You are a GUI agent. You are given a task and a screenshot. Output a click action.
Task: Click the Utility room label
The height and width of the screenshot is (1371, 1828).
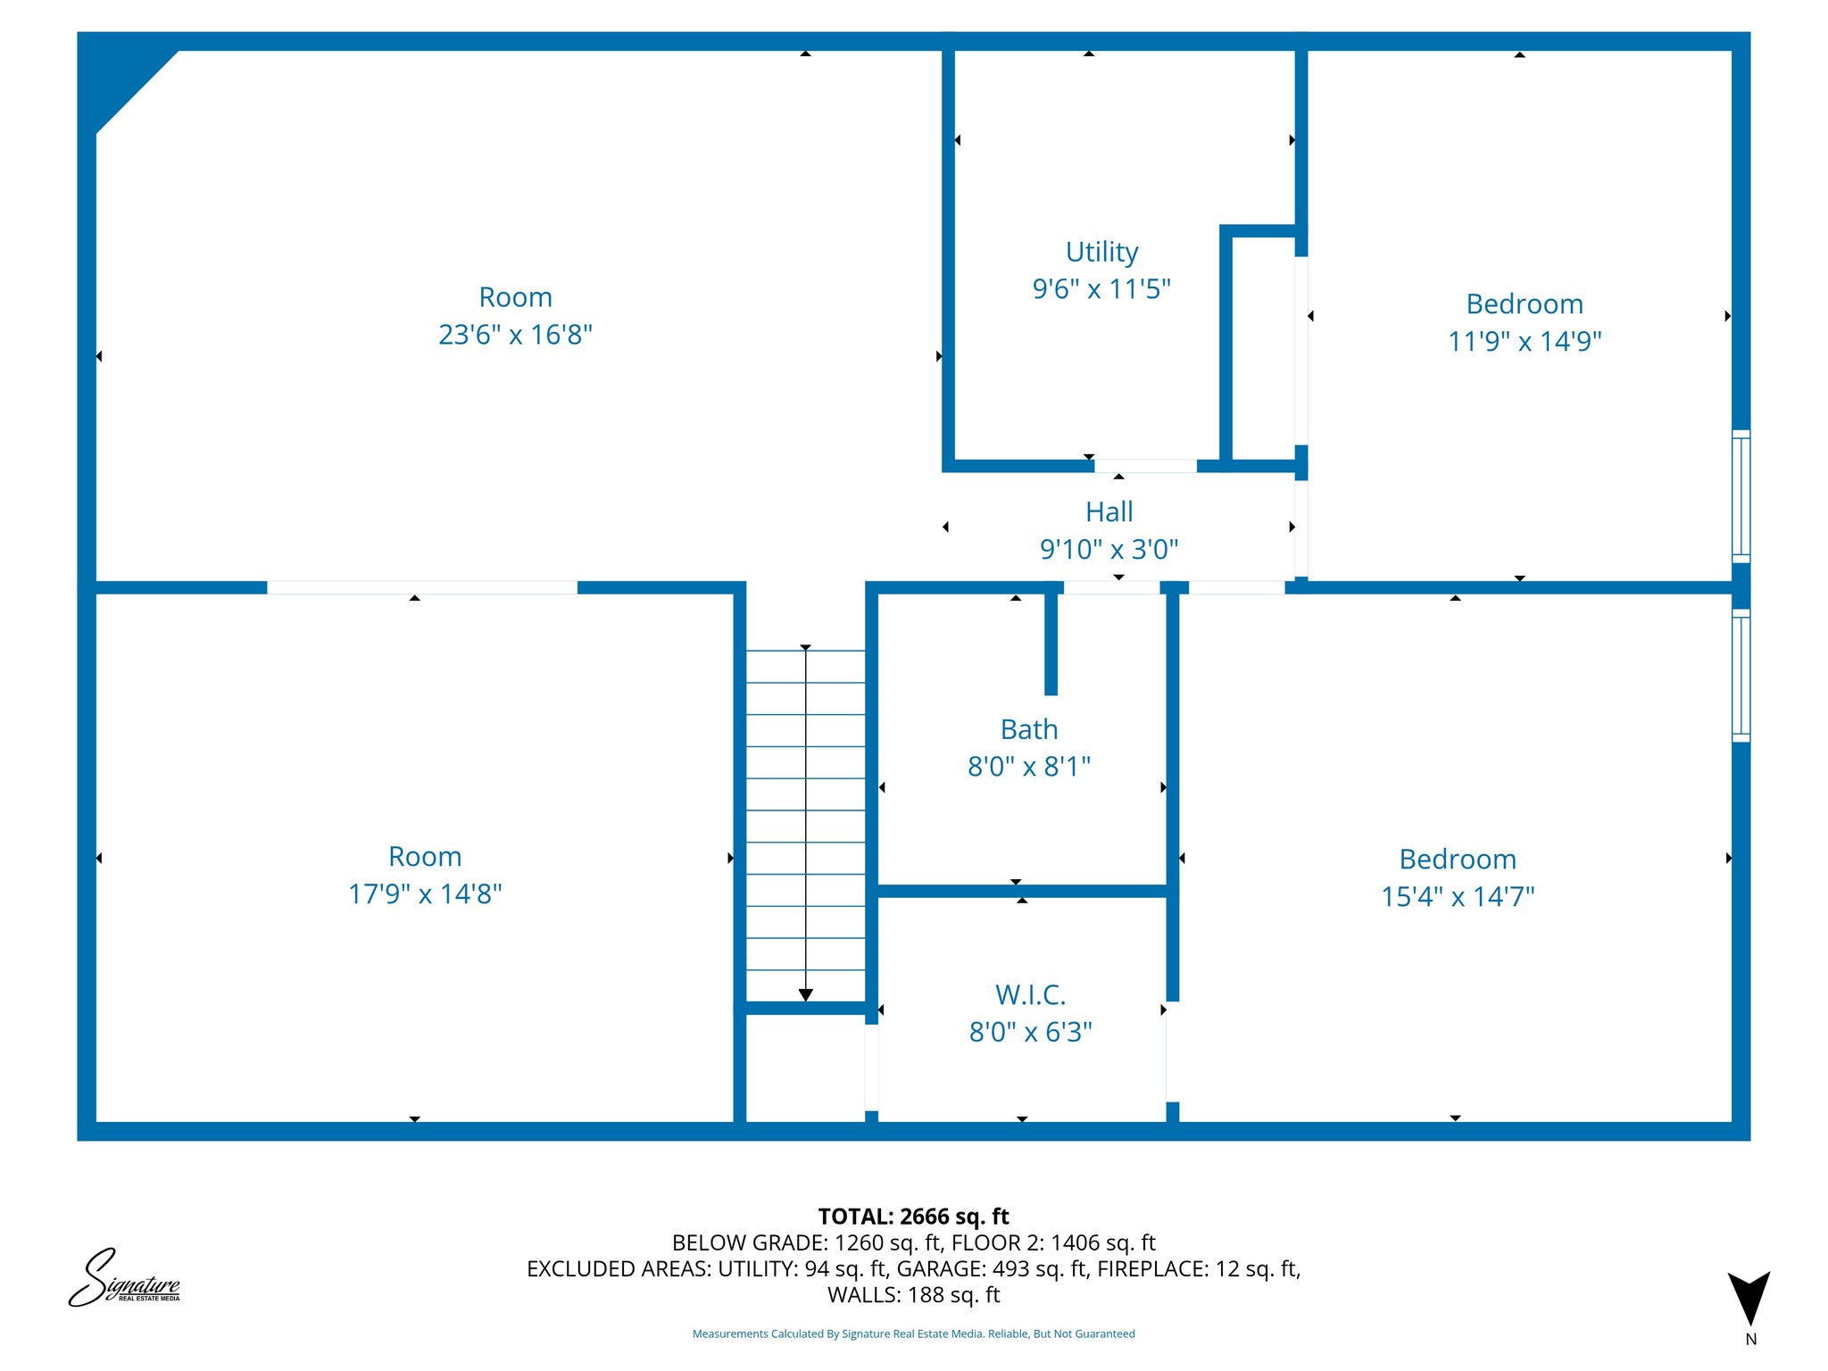(1101, 252)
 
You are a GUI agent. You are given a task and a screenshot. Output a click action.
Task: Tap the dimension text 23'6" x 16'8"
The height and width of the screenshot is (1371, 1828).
(515, 335)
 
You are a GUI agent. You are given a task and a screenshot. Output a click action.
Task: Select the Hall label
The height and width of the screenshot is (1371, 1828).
(1109, 511)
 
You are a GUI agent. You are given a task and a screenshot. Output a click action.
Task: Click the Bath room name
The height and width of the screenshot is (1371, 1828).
(1028, 729)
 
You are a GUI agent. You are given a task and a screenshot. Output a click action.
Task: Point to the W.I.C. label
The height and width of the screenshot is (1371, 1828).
(1030, 994)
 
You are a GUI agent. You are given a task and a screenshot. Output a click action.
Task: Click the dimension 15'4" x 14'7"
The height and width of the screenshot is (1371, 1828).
(1457, 896)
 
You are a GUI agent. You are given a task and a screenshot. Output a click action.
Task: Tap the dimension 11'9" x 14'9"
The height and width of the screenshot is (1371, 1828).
(1524, 341)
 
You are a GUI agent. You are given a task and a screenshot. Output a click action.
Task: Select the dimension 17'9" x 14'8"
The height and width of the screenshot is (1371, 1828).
(425, 893)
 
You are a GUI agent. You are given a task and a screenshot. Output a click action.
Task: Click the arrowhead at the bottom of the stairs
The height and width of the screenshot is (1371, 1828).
(805, 994)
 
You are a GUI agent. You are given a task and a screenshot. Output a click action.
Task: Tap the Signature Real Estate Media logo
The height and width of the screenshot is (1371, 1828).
(124, 1279)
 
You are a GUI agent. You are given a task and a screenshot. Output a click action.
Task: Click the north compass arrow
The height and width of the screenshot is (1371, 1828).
(1749, 1297)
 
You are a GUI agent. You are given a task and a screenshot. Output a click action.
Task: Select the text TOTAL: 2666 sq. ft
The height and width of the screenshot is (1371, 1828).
(913, 1217)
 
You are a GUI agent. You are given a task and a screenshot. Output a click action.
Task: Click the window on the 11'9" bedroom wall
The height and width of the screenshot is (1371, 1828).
(1741, 495)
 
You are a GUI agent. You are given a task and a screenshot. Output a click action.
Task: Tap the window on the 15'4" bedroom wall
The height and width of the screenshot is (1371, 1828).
(1741, 676)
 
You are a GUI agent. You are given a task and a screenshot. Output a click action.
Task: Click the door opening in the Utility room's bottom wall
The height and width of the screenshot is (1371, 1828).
(1145, 466)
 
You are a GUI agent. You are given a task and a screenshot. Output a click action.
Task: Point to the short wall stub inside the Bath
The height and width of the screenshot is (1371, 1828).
(1051, 643)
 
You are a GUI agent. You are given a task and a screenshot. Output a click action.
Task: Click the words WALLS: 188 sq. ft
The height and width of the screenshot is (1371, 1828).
(913, 1295)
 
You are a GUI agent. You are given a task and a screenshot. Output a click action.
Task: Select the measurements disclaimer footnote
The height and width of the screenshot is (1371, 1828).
(913, 1334)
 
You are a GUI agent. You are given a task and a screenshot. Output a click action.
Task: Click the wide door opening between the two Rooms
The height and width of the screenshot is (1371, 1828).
(422, 587)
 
